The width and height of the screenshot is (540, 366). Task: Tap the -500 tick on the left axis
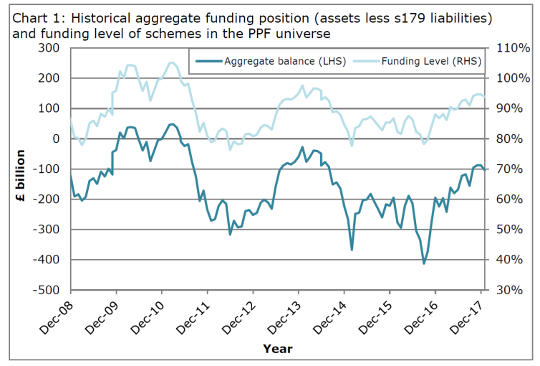pos(48,290)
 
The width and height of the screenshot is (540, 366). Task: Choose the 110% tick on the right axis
pos(513,48)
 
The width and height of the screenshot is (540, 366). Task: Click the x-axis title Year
pos(277,348)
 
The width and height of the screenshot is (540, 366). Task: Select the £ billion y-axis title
pos(21,169)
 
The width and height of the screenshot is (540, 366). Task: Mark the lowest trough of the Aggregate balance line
pos(424,263)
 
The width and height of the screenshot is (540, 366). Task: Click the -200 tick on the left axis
pos(48,200)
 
